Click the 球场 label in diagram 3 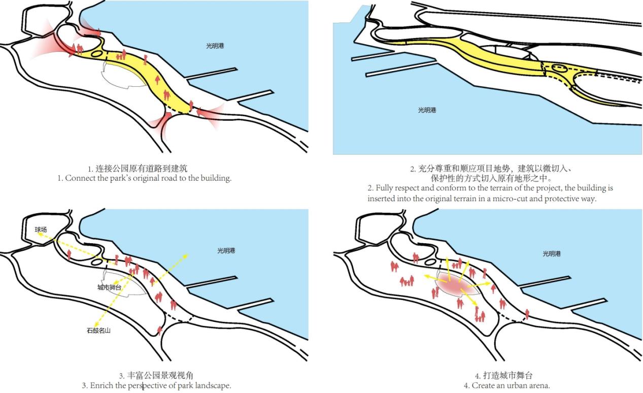click(x=41, y=230)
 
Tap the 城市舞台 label click(x=109, y=287)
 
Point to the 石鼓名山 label click(x=98, y=331)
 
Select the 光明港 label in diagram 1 click(x=215, y=46)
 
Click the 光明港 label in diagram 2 click(x=427, y=110)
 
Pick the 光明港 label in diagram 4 click(x=551, y=254)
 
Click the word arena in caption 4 click(x=537, y=385)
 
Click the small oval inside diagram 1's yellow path click(x=97, y=53)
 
